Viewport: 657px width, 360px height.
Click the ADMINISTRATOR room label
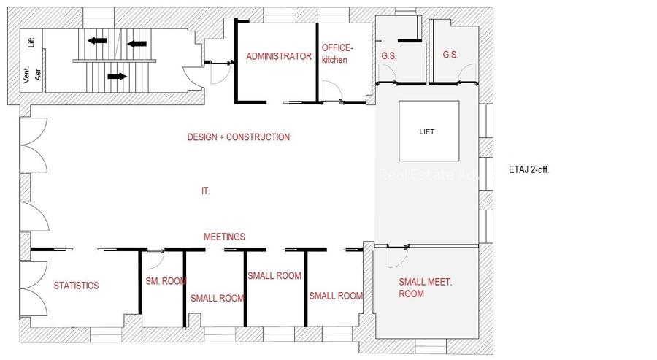click(x=279, y=56)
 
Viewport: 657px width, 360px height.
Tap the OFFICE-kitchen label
click(x=337, y=54)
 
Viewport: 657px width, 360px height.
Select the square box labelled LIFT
click(x=429, y=131)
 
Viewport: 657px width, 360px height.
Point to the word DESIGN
click(x=201, y=137)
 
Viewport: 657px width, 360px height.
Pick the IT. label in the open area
click(x=206, y=191)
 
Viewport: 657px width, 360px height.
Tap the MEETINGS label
click(x=224, y=237)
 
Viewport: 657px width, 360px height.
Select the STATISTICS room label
click(x=76, y=286)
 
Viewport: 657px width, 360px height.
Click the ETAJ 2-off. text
click(x=534, y=169)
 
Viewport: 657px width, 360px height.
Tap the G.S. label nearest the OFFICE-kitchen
click(x=388, y=55)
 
